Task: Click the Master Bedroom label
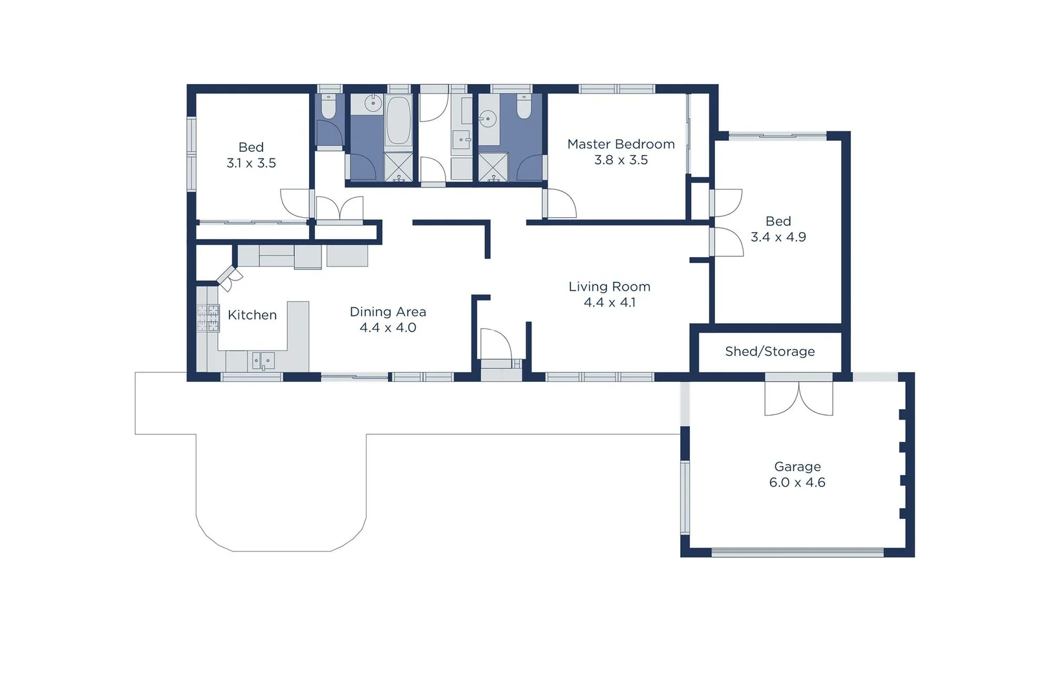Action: coord(621,144)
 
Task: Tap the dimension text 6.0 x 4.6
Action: coord(797,483)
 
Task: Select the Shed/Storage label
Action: coord(769,352)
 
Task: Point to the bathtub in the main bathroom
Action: coord(398,121)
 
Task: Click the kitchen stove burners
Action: coord(208,318)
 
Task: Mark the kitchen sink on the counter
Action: coord(263,361)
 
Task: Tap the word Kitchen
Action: coord(252,315)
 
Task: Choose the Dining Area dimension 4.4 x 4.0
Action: coord(388,328)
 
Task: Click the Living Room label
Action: coord(609,286)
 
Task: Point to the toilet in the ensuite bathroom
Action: coord(524,107)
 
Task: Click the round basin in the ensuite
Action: coord(488,119)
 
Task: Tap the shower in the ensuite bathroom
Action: coord(493,167)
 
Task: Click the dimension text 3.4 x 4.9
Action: coord(778,237)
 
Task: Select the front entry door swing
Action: coord(495,344)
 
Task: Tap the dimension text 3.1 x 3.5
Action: coord(251,164)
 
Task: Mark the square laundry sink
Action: coord(460,139)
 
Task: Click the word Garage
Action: coord(797,467)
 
